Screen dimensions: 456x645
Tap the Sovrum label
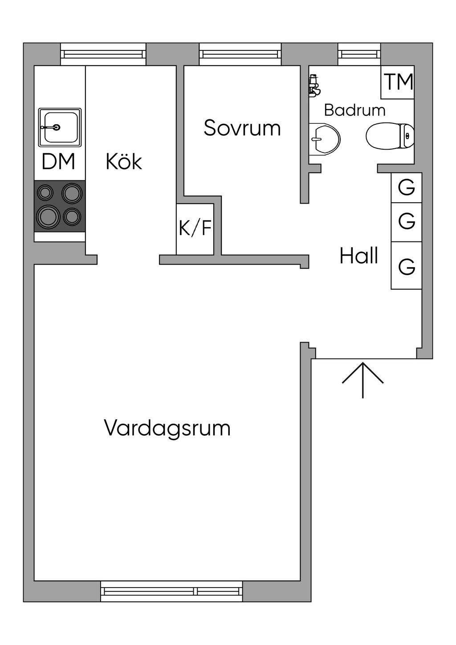pos(242,128)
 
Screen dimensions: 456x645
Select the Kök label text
pos(124,161)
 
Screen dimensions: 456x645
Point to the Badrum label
pos(354,110)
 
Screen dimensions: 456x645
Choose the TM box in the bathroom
pos(398,82)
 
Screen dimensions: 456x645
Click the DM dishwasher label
pos(58,162)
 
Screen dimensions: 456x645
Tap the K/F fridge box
pos(195,229)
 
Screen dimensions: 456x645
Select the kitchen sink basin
pos(60,127)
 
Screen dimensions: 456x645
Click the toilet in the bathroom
pos(390,136)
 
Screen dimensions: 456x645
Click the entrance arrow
pos(363,380)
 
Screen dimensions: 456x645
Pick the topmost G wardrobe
pos(407,188)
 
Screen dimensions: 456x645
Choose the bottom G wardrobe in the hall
pos(407,266)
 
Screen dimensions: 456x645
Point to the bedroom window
pos(240,54)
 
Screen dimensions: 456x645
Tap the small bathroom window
pos(359,54)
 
